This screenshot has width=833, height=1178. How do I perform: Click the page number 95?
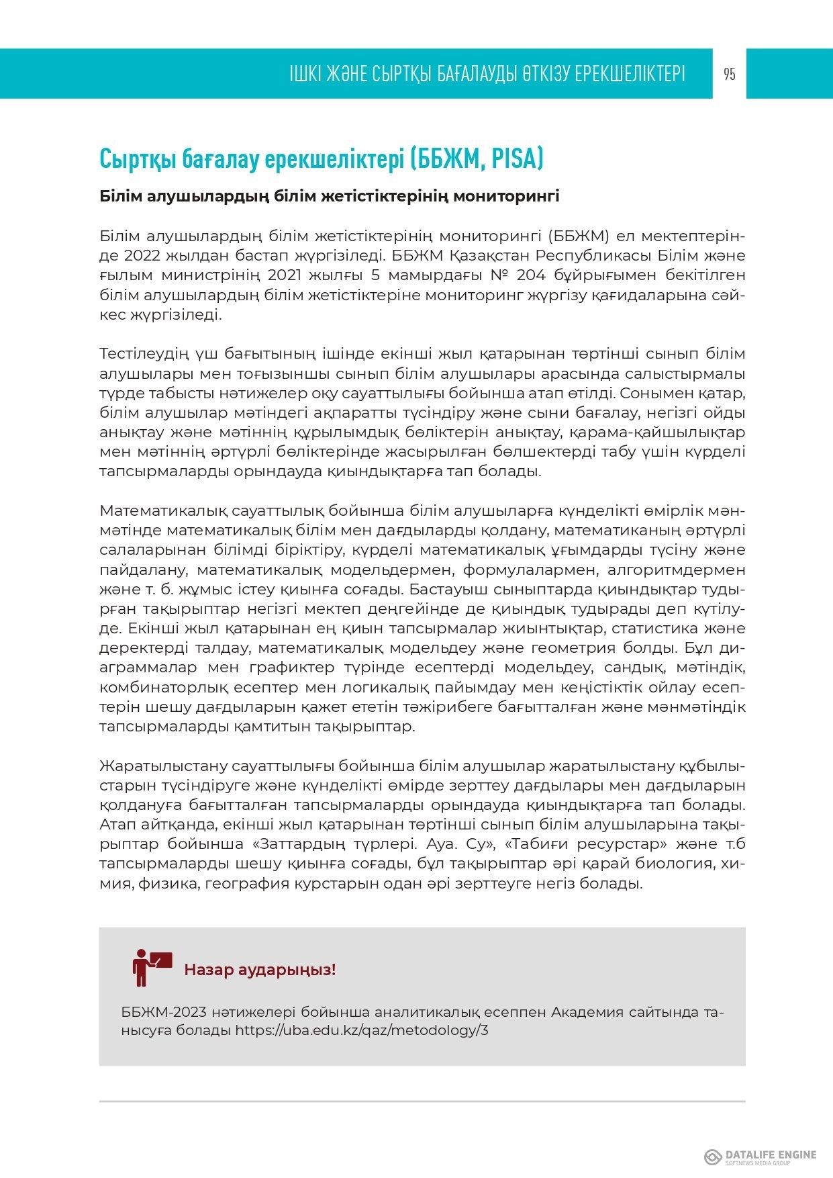(730, 74)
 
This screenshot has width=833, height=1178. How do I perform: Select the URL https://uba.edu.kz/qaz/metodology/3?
(362, 1030)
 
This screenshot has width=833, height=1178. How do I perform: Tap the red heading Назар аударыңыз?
(260, 970)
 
